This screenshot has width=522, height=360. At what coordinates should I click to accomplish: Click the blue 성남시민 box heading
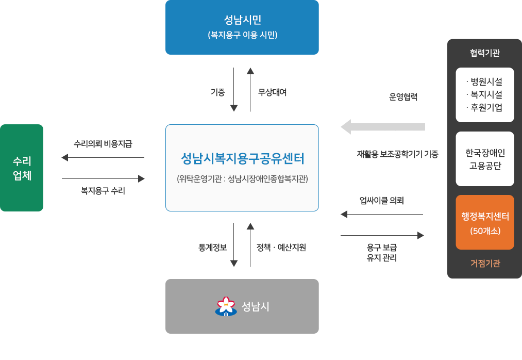point(242,20)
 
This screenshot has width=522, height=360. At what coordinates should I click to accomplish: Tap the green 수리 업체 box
point(22,168)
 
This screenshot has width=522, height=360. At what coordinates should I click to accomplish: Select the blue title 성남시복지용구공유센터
point(242,157)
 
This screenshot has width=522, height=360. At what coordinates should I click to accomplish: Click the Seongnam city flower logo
point(226,306)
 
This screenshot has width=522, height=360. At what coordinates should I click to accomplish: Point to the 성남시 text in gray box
point(256,306)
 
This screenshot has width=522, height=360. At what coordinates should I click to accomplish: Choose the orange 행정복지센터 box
point(485,222)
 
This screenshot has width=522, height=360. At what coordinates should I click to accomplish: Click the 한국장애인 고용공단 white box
point(485,159)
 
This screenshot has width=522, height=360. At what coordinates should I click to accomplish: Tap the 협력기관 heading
point(485,53)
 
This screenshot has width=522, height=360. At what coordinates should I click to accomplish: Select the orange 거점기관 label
point(485,263)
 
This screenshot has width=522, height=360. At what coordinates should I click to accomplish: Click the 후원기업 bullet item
point(484,107)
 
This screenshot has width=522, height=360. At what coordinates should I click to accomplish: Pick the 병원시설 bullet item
point(484,81)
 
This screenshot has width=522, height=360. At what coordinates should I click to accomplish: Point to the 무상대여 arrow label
point(273,92)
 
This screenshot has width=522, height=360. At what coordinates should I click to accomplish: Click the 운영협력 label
point(402,96)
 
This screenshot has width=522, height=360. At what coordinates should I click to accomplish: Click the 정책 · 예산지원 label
point(281,247)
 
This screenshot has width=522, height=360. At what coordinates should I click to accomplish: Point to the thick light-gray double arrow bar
point(383,126)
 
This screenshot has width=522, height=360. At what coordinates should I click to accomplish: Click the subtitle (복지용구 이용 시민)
point(242,36)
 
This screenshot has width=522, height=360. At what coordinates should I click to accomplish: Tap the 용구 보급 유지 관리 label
point(381,252)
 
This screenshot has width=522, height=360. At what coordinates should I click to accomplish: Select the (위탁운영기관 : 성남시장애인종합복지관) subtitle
point(242,179)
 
